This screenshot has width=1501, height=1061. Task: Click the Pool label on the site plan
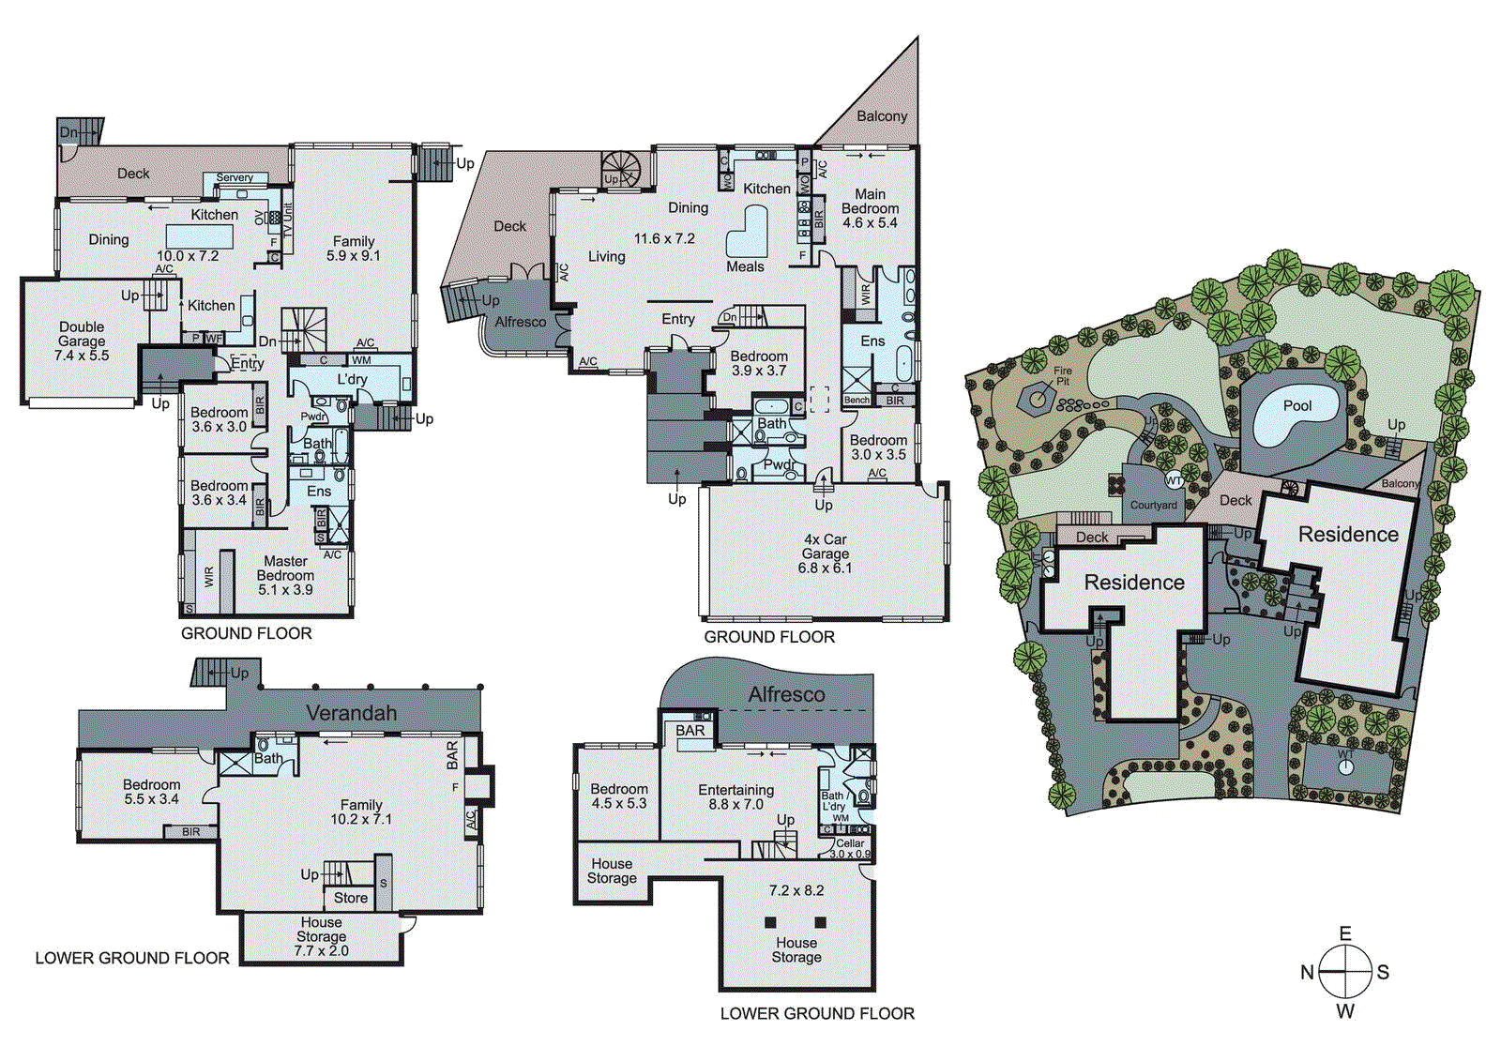pyautogui.click(x=1296, y=405)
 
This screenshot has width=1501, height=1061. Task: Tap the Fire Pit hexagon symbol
pyautogui.click(x=1038, y=399)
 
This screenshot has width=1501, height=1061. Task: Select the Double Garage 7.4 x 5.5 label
pyautogui.click(x=82, y=341)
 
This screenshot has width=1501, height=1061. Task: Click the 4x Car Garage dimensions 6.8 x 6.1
pyautogui.click(x=825, y=568)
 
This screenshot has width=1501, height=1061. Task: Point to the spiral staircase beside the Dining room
pyautogui.click(x=620, y=170)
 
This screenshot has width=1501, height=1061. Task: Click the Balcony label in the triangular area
pyautogui.click(x=882, y=116)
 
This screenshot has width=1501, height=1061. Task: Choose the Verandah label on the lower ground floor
pyautogui.click(x=351, y=713)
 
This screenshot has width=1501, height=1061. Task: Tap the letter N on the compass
pyautogui.click(x=1307, y=973)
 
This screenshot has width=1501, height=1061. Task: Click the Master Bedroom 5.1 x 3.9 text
pyautogui.click(x=285, y=575)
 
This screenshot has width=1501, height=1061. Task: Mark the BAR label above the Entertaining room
pyautogui.click(x=690, y=731)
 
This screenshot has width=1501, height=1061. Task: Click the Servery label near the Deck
pyautogui.click(x=235, y=177)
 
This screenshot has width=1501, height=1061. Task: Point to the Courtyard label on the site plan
pyautogui.click(x=1153, y=505)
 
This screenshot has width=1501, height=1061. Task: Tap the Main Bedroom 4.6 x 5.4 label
pyautogui.click(x=870, y=208)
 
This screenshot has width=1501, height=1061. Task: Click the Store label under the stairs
pyautogui.click(x=350, y=898)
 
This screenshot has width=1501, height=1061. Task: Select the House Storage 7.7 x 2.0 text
pyautogui.click(x=321, y=936)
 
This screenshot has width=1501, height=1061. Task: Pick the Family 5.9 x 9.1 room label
pyautogui.click(x=353, y=248)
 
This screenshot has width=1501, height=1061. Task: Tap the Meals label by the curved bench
pyautogui.click(x=745, y=266)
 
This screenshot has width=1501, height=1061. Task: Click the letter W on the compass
pyautogui.click(x=1345, y=1011)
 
